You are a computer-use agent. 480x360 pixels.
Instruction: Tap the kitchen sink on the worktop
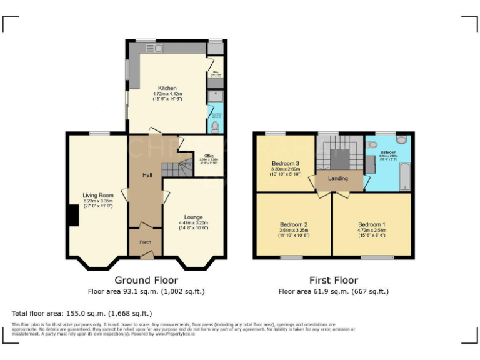click(x=152, y=48)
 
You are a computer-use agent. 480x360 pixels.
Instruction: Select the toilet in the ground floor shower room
click(x=215, y=127)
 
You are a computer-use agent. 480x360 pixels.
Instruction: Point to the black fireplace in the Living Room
click(x=74, y=216)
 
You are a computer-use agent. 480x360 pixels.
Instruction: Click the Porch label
click(x=145, y=242)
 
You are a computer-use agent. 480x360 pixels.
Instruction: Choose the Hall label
click(x=147, y=175)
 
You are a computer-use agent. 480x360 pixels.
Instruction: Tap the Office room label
click(x=209, y=156)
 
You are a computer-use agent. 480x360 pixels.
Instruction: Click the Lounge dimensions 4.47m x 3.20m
click(x=193, y=223)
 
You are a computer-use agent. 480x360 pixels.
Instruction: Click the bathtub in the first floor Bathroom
click(x=404, y=176)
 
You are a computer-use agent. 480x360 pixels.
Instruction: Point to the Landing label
click(x=338, y=179)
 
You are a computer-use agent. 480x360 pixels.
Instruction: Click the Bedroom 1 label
click(x=372, y=224)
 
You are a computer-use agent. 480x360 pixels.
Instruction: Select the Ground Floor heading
click(x=146, y=281)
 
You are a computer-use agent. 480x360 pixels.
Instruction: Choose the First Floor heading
click(x=333, y=281)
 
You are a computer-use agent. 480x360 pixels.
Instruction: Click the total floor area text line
click(x=82, y=313)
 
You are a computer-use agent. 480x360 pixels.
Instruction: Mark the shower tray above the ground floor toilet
click(x=215, y=96)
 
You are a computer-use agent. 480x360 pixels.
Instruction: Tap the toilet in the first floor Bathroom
click(x=401, y=140)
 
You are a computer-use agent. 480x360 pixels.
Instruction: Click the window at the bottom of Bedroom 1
click(x=377, y=257)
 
